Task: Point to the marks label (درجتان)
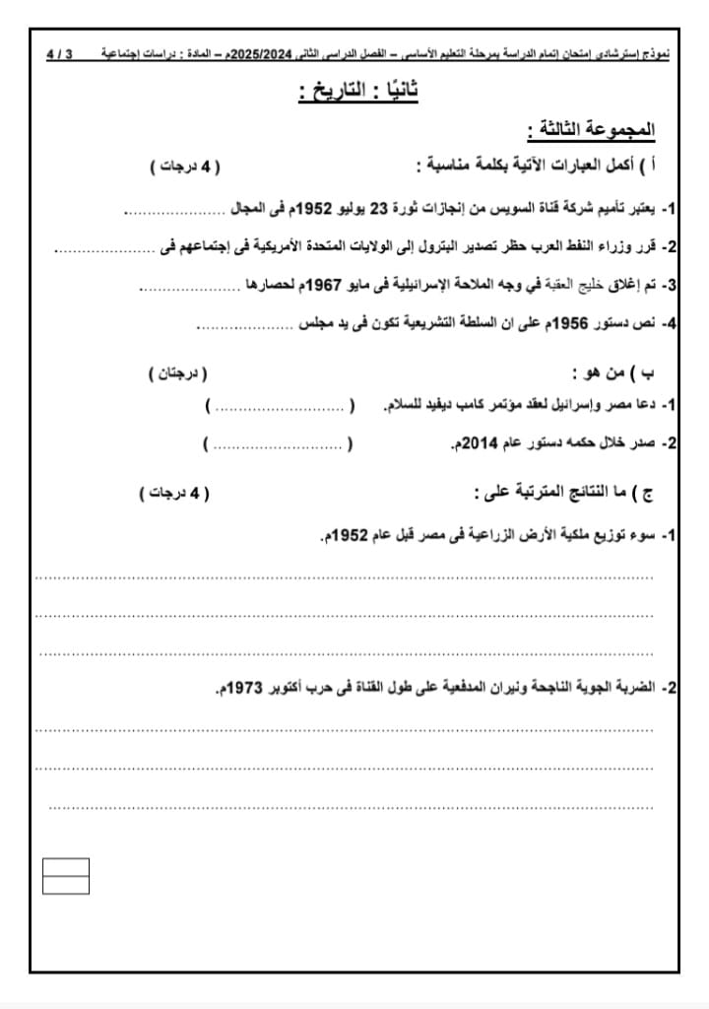coord(178,374)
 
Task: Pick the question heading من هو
coord(599,374)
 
